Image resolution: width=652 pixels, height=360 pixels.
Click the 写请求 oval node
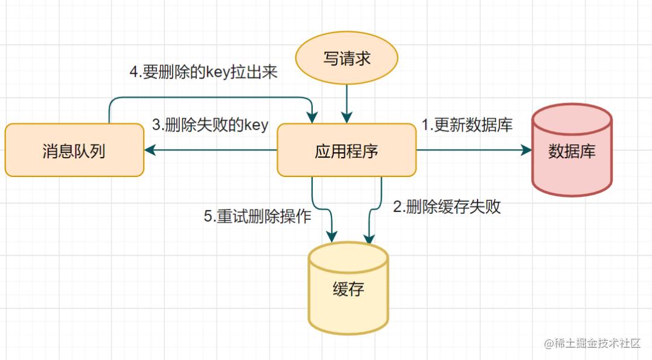[x=347, y=59]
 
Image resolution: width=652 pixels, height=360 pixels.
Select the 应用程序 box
[x=347, y=150]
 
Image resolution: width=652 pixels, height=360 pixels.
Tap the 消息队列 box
[x=74, y=150]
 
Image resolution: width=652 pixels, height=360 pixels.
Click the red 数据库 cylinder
[x=571, y=151]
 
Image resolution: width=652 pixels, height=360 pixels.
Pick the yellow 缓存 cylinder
[x=348, y=289]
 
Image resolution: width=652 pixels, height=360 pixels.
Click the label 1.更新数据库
[x=467, y=125]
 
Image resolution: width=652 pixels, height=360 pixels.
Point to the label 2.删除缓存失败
[x=447, y=207]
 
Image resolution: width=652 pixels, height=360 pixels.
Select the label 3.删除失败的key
[x=209, y=125]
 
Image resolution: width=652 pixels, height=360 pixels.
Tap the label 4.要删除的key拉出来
[x=203, y=72]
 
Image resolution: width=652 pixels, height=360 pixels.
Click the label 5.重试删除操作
[x=258, y=216]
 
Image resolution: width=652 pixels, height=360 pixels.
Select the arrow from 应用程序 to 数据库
[x=471, y=151]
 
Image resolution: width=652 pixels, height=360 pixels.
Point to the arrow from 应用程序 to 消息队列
[x=211, y=151]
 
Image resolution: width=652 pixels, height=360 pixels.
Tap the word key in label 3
[x=255, y=125]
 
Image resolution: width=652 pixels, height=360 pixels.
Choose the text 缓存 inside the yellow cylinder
[x=348, y=289]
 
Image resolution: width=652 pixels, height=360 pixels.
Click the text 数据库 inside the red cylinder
[x=571, y=151]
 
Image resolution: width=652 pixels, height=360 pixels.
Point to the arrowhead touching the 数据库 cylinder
[x=525, y=151]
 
